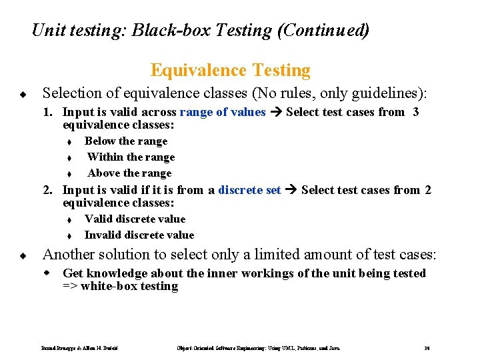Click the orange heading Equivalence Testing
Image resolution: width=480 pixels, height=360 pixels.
230,70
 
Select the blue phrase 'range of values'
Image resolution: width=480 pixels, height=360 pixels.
223,112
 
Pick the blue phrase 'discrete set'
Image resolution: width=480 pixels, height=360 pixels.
249,190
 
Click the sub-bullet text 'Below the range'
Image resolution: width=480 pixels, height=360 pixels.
126,141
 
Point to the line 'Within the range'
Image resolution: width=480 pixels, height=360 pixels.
131,157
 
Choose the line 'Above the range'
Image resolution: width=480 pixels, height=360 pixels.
129,173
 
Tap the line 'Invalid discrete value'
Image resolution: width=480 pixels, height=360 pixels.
139,235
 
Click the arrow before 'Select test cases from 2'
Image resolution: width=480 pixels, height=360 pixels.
291,190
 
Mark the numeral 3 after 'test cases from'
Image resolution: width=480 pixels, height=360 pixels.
416,112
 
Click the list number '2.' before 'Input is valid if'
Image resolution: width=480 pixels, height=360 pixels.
49,190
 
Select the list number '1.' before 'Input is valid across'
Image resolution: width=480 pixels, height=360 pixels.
49,112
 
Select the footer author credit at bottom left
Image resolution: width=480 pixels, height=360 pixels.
83,349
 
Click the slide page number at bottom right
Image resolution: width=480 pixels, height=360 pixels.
426,349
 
